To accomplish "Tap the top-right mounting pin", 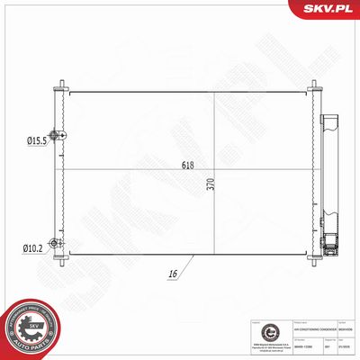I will click(316, 85).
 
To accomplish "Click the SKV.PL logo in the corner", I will click(329, 10).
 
